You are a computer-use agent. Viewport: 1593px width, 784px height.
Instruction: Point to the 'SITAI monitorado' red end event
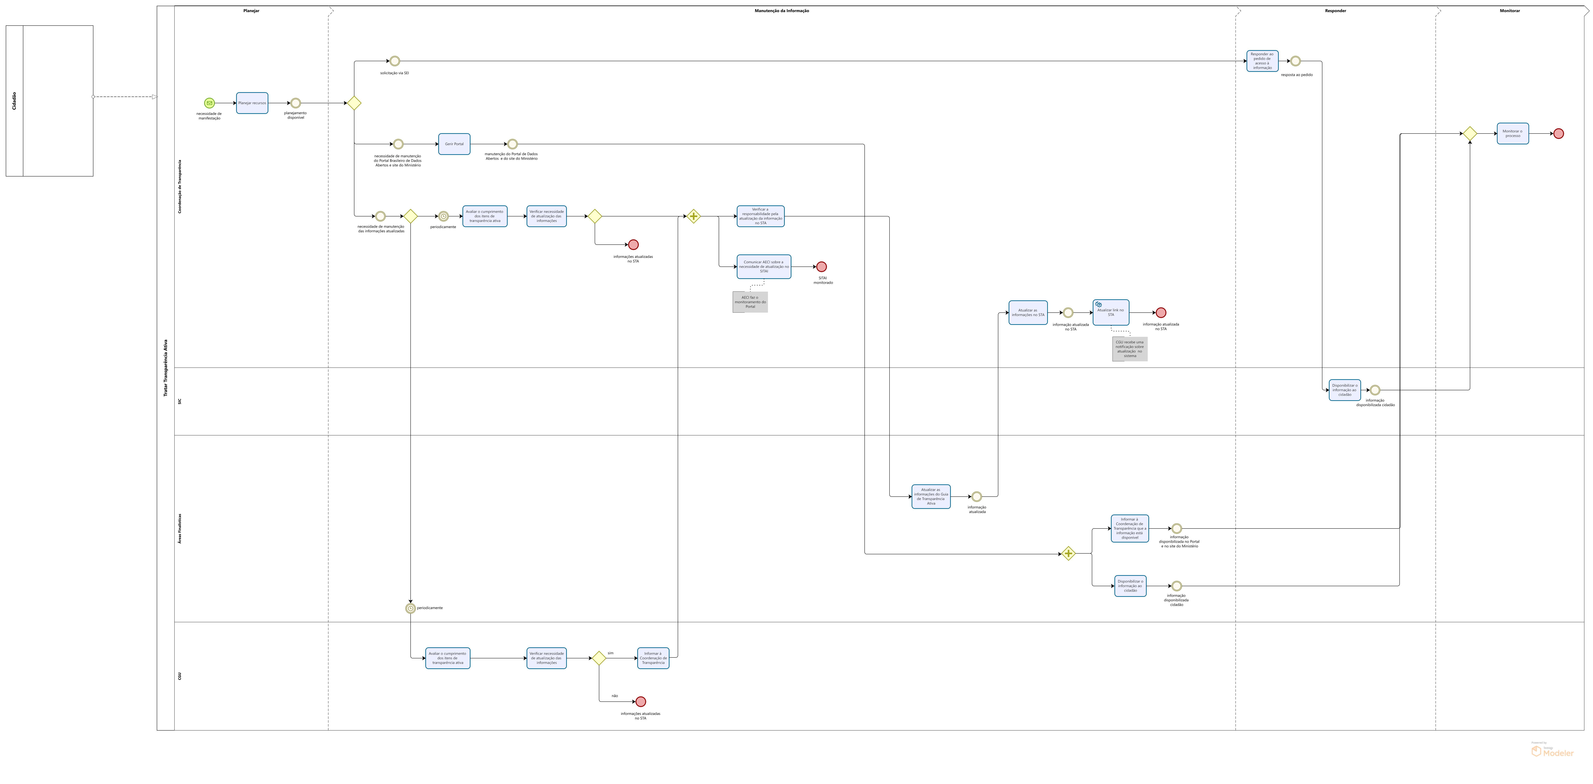tap(821, 267)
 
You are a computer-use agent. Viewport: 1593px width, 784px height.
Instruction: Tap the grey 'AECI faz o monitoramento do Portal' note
tap(750, 302)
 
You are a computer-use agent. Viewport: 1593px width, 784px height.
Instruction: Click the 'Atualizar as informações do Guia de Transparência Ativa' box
tap(931, 496)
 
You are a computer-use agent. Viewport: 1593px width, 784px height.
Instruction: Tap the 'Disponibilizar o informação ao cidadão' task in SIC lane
tap(1344, 390)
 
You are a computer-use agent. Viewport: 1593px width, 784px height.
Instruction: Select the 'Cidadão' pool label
tap(14, 101)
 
